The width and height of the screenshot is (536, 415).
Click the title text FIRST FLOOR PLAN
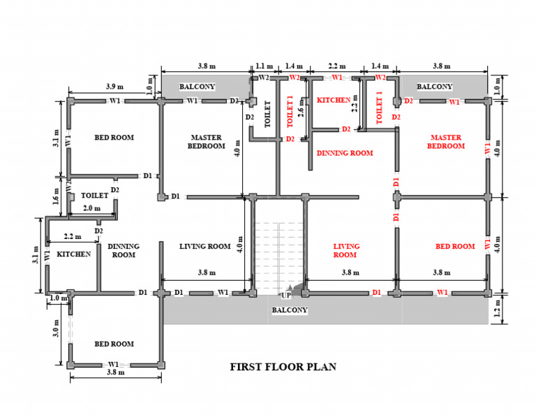pos(283,367)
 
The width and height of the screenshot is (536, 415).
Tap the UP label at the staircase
pos(286,296)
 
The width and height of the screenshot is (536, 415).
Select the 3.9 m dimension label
pos(115,87)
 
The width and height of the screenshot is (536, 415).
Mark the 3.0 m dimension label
pos(58,328)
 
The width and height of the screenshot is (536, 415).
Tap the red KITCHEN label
pos(334,101)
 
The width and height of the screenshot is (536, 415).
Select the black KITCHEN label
pos(73,254)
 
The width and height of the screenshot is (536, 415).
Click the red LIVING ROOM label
pos(345,250)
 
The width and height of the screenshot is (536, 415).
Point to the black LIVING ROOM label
pos(204,247)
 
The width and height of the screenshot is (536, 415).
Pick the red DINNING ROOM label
pos(345,153)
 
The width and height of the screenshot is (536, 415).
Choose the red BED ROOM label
pos(454,247)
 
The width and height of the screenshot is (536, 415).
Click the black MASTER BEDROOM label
pos(207,142)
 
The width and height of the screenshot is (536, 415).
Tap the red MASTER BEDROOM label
pos(447,142)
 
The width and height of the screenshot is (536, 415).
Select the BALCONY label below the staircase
pos(289,310)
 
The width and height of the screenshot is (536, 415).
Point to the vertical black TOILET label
pos(267,114)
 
